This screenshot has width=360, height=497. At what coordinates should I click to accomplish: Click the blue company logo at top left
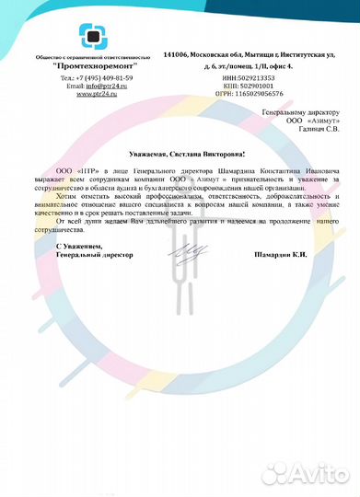(90, 36)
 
